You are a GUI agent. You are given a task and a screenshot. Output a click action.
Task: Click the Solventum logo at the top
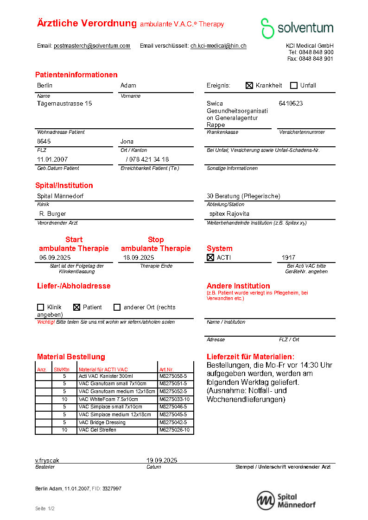click(297, 28)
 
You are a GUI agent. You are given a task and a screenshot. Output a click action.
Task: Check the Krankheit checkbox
click(249, 85)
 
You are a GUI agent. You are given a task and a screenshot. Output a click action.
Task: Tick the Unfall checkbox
click(294, 85)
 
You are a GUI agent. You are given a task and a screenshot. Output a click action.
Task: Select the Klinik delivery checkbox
click(40, 307)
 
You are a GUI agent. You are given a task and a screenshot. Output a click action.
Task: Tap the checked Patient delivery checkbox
click(77, 307)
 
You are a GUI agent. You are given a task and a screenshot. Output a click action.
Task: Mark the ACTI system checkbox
click(210, 257)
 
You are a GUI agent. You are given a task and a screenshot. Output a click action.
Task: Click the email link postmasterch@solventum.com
click(92, 46)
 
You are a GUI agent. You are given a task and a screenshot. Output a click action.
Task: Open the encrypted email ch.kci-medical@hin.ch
click(218, 46)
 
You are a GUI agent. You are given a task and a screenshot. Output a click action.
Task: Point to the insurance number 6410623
click(291, 103)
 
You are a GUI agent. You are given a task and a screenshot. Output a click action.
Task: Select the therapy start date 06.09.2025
click(55, 257)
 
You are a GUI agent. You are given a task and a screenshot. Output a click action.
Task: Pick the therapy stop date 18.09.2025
click(138, 257)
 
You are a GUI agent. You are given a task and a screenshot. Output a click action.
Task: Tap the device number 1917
click(288, 257)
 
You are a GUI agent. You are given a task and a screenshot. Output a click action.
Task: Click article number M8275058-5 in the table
click(173, 376)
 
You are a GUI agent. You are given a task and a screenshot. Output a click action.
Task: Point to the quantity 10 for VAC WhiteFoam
click(64, 399)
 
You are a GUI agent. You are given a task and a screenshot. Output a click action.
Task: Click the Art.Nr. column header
click(166, 370)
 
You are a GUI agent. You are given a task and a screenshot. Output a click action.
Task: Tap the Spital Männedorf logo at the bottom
click(286, 501)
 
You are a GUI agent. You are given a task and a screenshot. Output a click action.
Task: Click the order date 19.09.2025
click(162, 460)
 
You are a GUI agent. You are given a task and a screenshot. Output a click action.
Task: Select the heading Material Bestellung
click(71, 357)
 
